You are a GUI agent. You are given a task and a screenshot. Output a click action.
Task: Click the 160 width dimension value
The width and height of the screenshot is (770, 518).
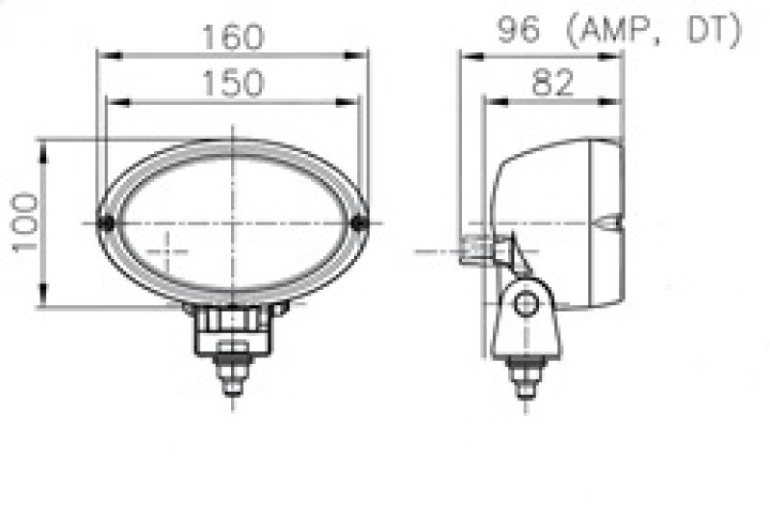[232, 38]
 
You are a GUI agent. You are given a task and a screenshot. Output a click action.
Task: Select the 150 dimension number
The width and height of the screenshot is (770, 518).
[232, 84]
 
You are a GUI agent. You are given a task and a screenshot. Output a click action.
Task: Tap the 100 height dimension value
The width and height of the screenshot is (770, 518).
[26, 222]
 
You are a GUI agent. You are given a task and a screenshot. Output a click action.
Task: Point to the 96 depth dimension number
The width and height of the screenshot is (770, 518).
[519, 32]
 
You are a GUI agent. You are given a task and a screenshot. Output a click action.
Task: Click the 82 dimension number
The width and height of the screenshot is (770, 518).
[552, 84]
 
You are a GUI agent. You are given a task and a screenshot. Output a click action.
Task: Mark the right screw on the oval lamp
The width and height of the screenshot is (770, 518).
[361, 223]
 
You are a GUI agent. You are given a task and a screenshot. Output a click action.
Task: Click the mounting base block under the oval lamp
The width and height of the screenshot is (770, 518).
[231, 327]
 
